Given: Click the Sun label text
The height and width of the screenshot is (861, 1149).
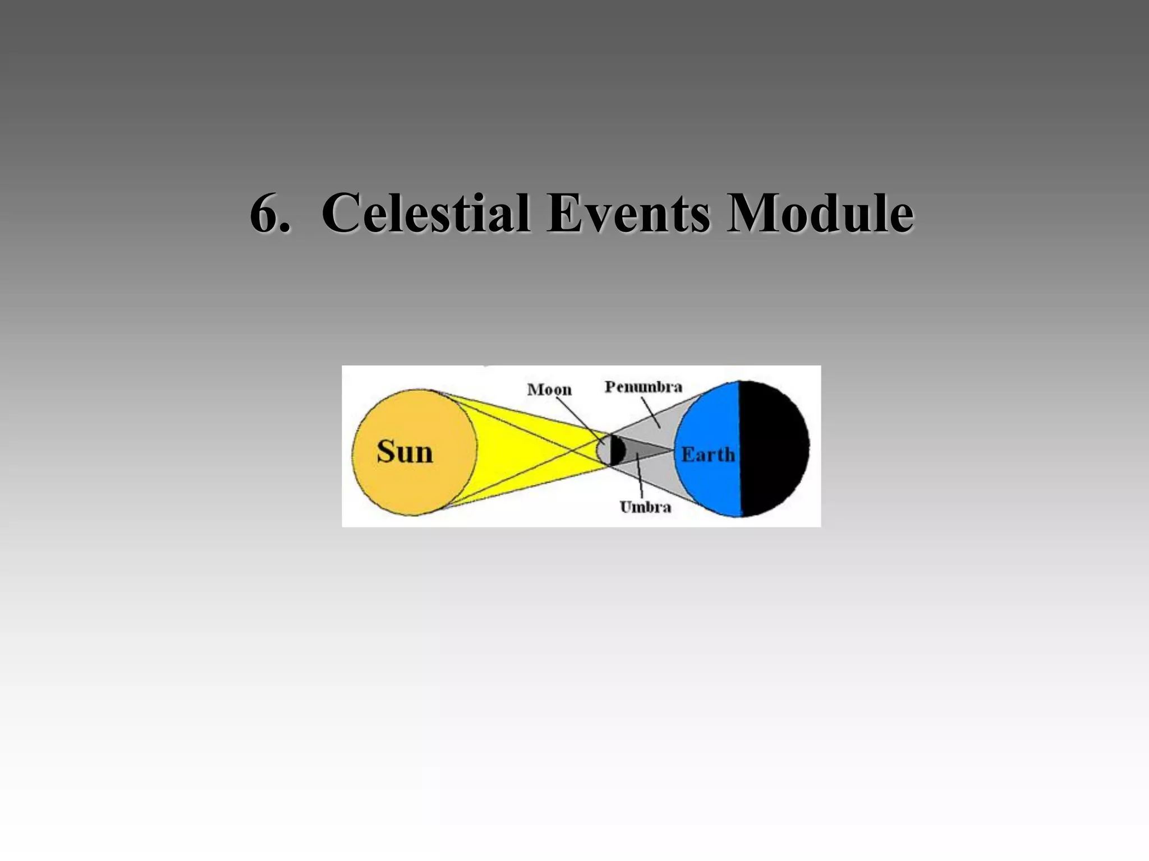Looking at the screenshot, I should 405,452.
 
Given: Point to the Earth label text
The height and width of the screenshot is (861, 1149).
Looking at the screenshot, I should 708,454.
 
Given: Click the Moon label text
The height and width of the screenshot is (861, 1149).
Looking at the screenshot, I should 549,390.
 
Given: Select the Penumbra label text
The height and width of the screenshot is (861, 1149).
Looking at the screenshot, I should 644,387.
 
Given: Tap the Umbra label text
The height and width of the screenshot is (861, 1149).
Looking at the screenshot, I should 645,507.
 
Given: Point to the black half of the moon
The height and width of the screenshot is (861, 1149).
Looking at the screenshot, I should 618,450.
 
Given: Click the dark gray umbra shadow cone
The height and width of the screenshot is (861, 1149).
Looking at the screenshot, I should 645,450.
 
